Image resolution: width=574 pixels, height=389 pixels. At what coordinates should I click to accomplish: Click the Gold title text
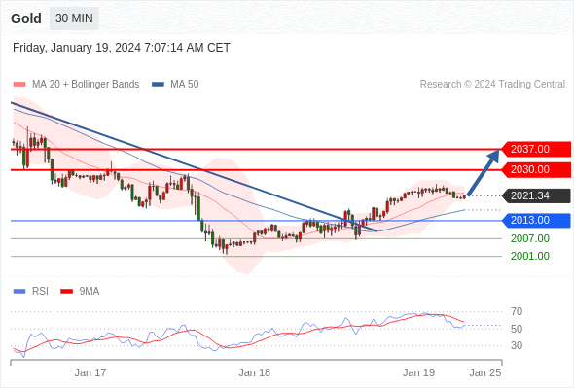(x=26, y=18)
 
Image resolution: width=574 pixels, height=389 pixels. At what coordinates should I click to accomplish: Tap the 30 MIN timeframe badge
(x=74, y=18)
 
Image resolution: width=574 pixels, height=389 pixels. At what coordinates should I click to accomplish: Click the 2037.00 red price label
(x=535, y=149)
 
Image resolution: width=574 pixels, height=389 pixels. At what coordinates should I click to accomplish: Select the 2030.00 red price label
(x=535, y=169)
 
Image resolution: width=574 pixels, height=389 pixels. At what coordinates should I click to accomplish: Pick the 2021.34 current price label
(x=535, y=195)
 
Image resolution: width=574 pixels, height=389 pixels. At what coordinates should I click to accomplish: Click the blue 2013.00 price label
(x=535, y=221)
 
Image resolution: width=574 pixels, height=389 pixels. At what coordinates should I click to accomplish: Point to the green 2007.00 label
(x=530, y=238)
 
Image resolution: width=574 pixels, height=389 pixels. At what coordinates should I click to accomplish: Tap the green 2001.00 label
(x=530, y=256)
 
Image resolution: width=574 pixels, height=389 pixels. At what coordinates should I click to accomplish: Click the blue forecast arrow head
(x=493, y=156)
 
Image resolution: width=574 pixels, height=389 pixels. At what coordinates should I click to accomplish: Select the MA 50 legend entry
(x=175, y=85)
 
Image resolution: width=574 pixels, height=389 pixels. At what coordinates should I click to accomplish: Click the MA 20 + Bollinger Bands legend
(x=76, y=85)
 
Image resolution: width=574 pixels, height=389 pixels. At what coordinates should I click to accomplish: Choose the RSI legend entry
(x=30, y=292)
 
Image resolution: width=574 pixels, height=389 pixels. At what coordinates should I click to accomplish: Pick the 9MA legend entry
(x=80, y=292)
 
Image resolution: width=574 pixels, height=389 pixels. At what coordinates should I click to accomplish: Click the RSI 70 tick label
(x=517, y=311)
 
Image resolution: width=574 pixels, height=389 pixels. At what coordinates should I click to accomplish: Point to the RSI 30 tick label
(x=517, y=345)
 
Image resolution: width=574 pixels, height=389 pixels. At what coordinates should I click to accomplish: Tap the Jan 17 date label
(x=90, y=372)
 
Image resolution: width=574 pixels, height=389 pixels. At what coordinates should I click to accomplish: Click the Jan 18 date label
(x=255, y=372)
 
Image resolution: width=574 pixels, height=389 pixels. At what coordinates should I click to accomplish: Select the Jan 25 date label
(x=485, y=372)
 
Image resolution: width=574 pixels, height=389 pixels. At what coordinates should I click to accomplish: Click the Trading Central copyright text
(x=492, y=85)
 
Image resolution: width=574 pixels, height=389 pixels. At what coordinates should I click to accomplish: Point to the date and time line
(x=122, y=48)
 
